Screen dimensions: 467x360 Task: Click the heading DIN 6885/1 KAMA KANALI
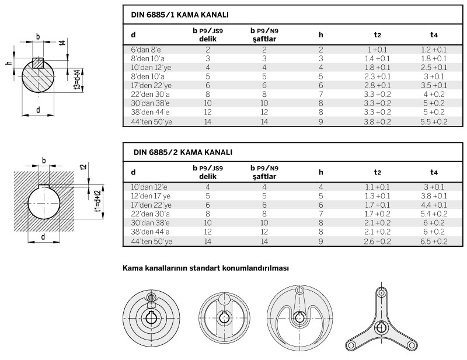180,15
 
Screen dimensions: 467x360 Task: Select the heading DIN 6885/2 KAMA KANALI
183,152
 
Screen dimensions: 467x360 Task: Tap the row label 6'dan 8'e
146,50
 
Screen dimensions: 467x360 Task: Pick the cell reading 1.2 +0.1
434,50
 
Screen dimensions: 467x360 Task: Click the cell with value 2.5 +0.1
434,68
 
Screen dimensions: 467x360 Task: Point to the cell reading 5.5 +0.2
434,122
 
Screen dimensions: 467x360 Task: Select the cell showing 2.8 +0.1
377,85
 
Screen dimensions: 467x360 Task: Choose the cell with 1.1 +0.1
377,187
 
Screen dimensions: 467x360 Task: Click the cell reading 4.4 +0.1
434,205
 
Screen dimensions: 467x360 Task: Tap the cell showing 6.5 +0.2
434,242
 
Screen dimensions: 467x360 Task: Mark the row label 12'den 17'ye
151,196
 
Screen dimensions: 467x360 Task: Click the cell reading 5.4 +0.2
434,214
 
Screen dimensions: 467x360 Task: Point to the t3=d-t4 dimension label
78,80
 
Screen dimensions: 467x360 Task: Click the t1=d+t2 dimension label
98,201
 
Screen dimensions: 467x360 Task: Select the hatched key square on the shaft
38,63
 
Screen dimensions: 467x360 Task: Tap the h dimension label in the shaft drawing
9,63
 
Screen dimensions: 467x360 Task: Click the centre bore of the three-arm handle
381,327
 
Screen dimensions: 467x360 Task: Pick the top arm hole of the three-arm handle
381,293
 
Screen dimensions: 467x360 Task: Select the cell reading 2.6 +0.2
377,242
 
